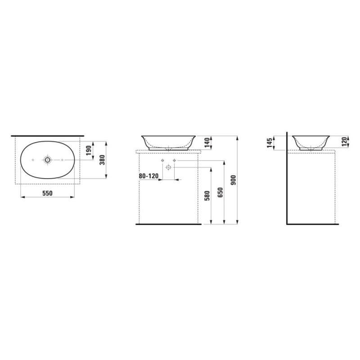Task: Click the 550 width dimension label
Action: [x=47, y=193]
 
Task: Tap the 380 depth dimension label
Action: [x=102, y=160]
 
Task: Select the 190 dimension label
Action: [x=89, y=151]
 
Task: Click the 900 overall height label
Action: [x=233, y=180]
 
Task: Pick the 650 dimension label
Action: [x=220, y=193]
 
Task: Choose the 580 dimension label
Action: [x=207, y=196]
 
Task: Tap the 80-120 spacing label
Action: [x=148, y=176]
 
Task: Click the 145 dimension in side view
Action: [x=270, y=143]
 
